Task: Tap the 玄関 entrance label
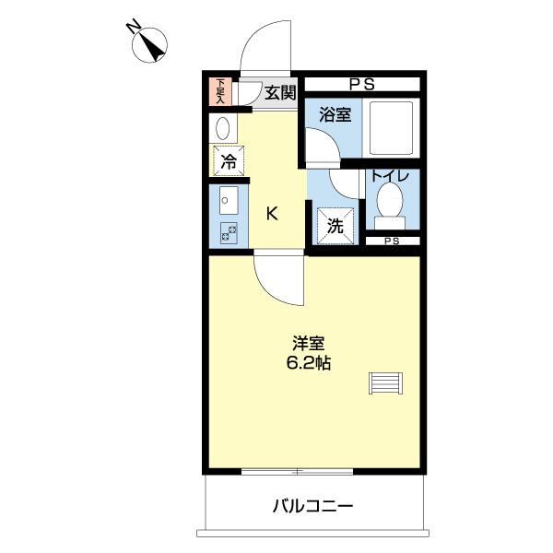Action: tap(280, 92)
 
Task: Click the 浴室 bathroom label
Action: tap(334, 114)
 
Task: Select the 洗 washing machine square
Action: tap(334, 224)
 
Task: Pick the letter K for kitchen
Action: tap(272, 214)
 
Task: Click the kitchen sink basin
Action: tap(228, 199)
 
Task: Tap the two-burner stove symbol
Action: tap(228, 233)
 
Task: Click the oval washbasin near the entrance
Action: tap(222, 128)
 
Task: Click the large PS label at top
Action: tap(362, 85)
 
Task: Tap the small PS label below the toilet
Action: tap(392, 241)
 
